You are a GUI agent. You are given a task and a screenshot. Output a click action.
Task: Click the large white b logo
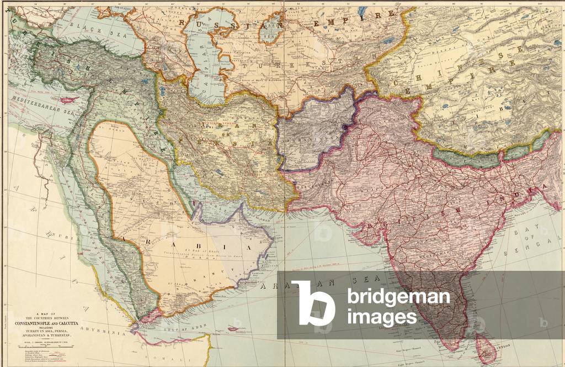pos(312,302)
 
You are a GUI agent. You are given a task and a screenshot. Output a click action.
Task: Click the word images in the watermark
pos(382,318)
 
